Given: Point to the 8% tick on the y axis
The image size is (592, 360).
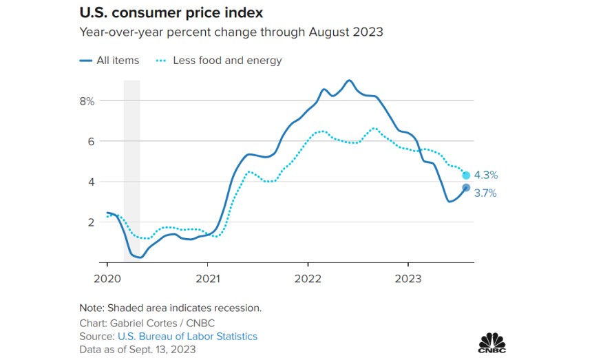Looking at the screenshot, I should (86, 100).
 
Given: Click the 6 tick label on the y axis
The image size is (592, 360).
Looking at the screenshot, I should (90, 141).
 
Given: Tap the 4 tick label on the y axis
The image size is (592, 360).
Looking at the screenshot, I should (90, 182).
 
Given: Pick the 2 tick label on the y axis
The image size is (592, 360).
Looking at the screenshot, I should (90, 222).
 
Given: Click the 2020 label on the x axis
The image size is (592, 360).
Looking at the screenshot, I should (107, 278).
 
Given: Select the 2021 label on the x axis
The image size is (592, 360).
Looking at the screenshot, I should (207, 278).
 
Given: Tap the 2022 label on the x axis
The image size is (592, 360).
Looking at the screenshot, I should (308, 278).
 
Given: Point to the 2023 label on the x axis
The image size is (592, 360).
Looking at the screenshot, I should (408, 278).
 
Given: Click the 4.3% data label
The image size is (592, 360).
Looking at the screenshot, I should (485, 176).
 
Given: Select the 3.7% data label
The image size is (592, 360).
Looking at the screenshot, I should (485, 193).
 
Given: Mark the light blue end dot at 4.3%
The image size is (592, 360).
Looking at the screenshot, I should (466, 176).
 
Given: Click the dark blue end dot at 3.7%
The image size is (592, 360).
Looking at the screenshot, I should (466, 188).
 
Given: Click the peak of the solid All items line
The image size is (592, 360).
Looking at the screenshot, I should (350, 81).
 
